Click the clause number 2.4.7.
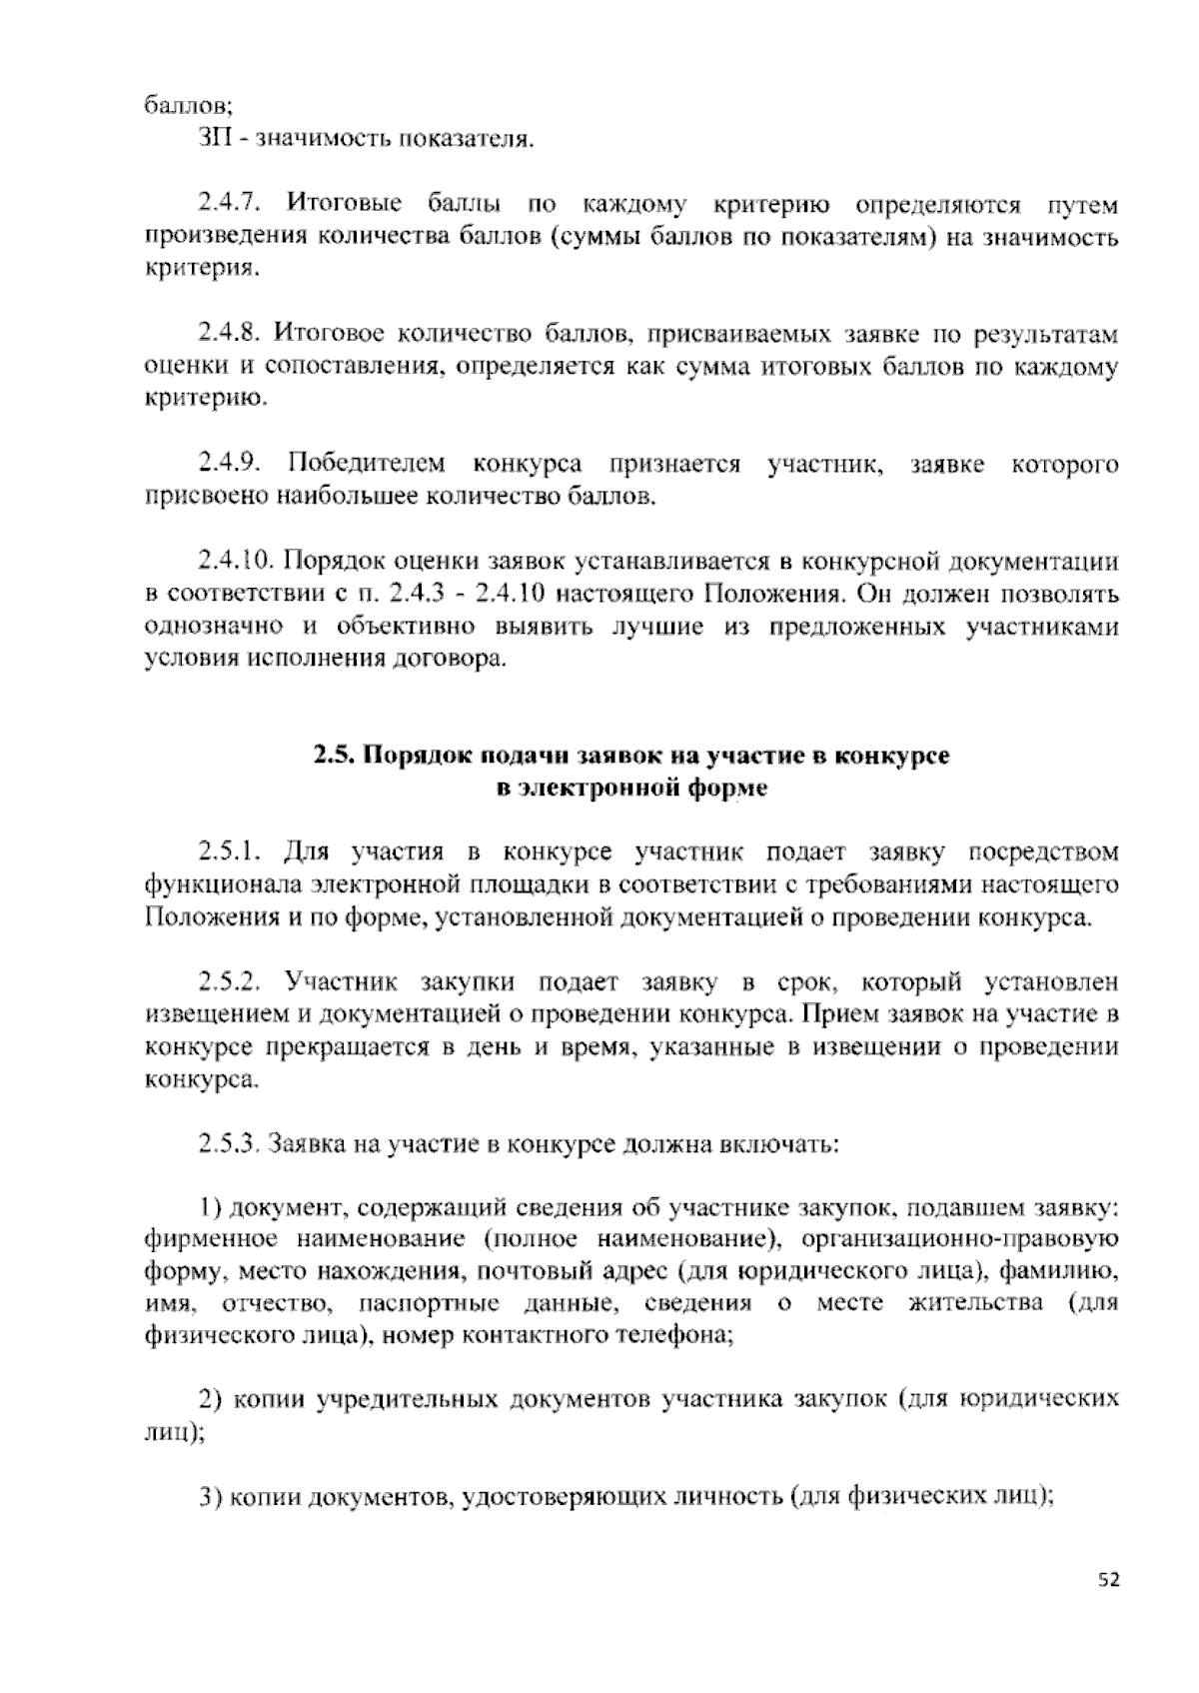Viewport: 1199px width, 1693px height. click(230, 205)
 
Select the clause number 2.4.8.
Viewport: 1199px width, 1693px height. click(230, 333)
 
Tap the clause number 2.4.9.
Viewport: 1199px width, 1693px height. click(230, 464)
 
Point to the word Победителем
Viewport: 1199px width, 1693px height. click(366, 464)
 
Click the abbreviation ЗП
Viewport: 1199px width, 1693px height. click(215, 137)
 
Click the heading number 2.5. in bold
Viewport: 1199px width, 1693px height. click(335, 756)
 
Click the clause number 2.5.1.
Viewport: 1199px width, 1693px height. click(230, 851)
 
